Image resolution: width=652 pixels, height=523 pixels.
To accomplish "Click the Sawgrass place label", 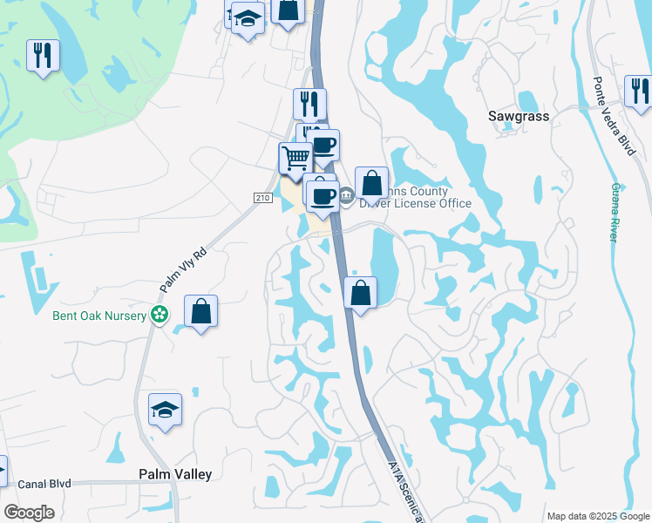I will click(x=518, y=115).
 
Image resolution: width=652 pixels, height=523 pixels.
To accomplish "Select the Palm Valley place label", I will click(x=175, y=474).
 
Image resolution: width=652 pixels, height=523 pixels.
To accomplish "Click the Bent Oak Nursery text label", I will click(x=87, y=315).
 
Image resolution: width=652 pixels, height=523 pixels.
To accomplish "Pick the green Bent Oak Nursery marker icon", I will click(x=159, y=315).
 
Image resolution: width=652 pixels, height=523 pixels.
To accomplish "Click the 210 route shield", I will click(x=263, y=199).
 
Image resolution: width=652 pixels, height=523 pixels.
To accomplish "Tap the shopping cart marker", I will click(x=295, y=158).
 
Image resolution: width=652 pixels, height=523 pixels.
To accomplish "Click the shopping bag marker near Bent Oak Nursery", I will click(x=200, y=311).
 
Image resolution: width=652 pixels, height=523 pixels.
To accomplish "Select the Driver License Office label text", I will click(x=417, y=198).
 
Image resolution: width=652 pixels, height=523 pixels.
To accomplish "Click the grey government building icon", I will click(x=345, y=194).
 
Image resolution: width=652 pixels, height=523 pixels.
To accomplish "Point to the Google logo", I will click(x=29, y=513).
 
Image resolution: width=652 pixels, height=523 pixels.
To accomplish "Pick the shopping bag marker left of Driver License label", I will click(x=371, y=183).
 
